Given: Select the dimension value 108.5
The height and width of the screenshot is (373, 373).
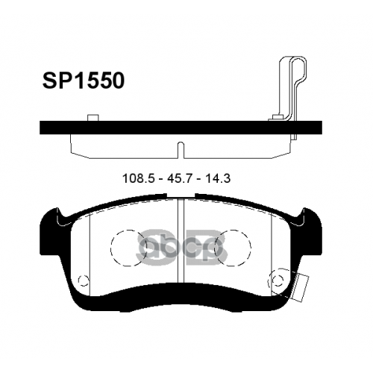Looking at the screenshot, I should [138, 180].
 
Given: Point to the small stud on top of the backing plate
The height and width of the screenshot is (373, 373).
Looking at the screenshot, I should [93, 117].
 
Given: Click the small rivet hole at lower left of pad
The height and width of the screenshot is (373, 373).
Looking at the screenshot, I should [63, 282].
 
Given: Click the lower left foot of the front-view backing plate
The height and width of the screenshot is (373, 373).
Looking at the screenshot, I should [78, 302].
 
